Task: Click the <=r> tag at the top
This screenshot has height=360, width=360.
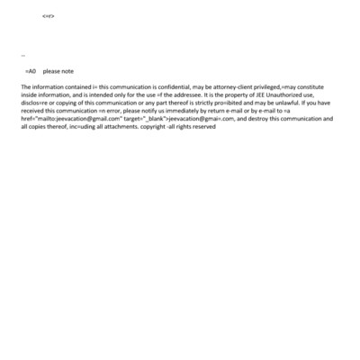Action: pos(49,16)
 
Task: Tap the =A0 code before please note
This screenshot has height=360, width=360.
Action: pos(30,71)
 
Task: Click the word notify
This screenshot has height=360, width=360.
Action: pos(139,111)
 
